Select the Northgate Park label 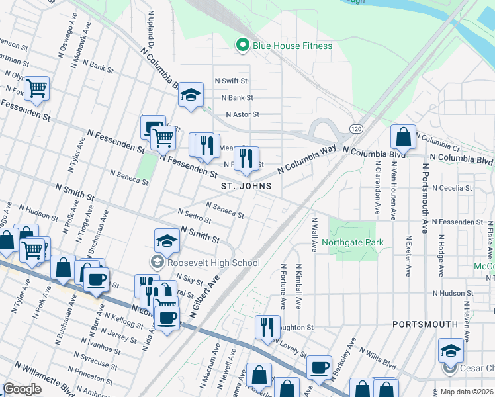pyautogui.click(x=353, y=243)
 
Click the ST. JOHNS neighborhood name pyautogui.click(x=246, y=187)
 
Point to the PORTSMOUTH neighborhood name pyautogui.click(x=425, y=324)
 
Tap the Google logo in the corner pyautogui.click(x=22, y=388)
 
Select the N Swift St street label pyautogui.click(x=230, y=81)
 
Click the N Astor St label pyautogui.click(x=242, y=114)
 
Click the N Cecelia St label pyautogui.click(x=452, y=188)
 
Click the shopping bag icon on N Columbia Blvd pyautogui.click(x=403, y=137)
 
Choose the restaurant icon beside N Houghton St pyautogui.click(x=267, y=327)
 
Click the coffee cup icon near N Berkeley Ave pyautogui.click(x=319, y=367)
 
